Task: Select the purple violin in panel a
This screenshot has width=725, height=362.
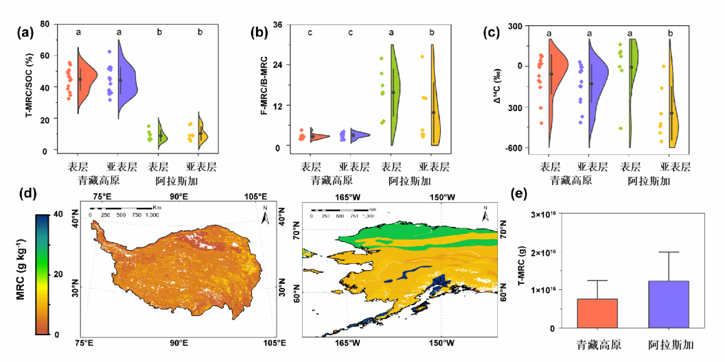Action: pyautogui.click(x=128, y=79)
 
